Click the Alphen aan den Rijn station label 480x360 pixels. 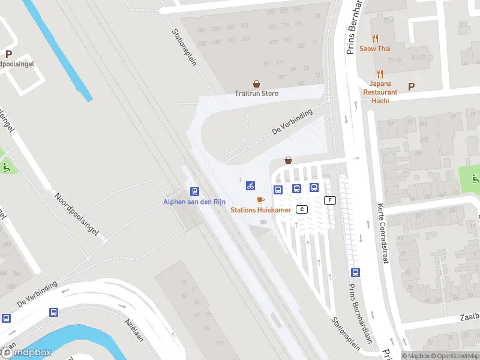(194, 202)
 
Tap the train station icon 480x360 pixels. (194, 191)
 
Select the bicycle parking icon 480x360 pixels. (251, 186)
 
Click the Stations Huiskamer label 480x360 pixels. (261, 209)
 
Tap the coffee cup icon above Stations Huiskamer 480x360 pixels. (260, 200)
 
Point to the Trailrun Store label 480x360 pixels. (256, 94)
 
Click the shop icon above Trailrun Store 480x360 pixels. (257, 84)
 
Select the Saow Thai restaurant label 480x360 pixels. (375, 49)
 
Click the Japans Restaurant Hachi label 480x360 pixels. (380, 92)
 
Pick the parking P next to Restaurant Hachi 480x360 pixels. (411, 86)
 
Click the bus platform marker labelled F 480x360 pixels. (329, 200)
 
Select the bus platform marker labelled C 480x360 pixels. (302, 209)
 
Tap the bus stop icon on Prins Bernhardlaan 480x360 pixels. (355, 272)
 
